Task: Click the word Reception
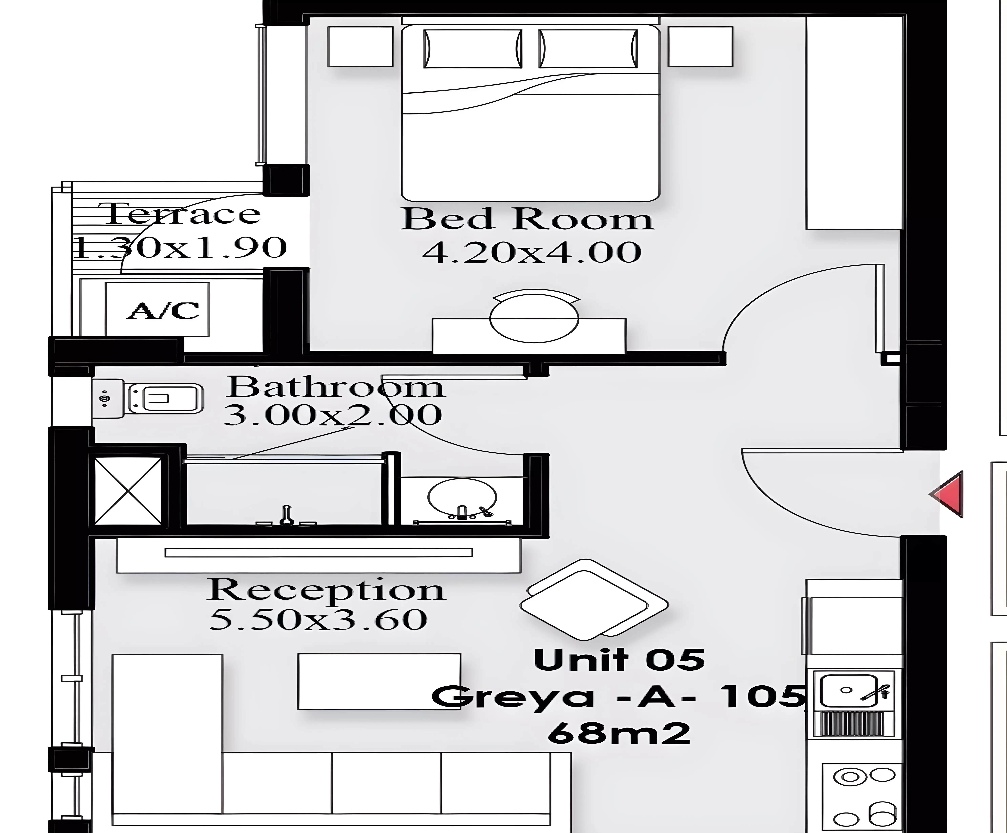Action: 326,591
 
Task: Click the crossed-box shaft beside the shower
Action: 129,490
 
